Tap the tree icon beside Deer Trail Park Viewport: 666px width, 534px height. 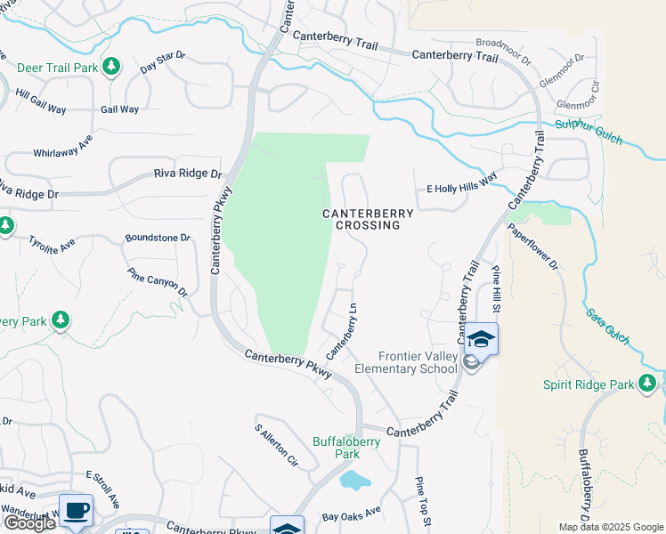pyautogui.click(x=111, y=67)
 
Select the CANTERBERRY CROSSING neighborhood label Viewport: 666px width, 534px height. pyautogui.click(x=368, y=220)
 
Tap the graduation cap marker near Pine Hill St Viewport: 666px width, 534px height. pyautogui.click(x=481, y=340)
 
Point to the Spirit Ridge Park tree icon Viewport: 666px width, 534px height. pyautogui.click(x=647, y=384)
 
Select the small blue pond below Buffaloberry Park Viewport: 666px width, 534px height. pyautogui.click(x=355, y=481)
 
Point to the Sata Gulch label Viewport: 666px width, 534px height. pyautogui.click(x=608, y=326)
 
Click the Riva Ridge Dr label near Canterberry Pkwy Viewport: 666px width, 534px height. pyautogui.click(x=187, y=174)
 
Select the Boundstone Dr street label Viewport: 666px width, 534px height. pyautogui.click(x=158, y=238)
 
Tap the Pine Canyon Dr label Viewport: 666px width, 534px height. pyautogui.click(x=158, y=283)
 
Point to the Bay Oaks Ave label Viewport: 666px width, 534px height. pyautogui.click(x=351, y=515)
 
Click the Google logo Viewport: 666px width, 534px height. pyautogui.click(x=28, y=523)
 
